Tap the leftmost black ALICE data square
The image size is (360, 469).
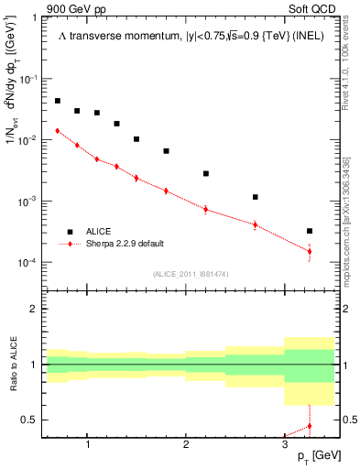point(58,101)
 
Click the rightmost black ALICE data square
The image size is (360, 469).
point(310,231)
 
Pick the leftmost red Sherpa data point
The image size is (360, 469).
point(58,130)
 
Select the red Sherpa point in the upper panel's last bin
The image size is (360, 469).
point(310,251)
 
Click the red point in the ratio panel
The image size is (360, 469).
point(310,426)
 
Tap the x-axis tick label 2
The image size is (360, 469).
point(186,445)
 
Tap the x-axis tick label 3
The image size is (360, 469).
point(285,445)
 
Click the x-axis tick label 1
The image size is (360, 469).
point(87,445)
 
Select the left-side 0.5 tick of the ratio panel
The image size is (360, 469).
point(31,420)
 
